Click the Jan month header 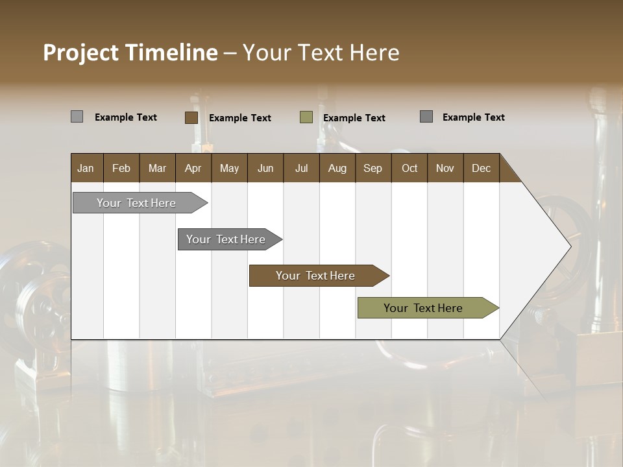(x=86, y=168)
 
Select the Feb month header (x=121, y=168)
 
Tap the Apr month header (x=193, y=168)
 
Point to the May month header (x=229, y=168)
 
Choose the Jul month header (x=301, y=168)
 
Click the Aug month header (x=337, y=168)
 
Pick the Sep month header (x=373, y=168)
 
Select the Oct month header (x=409, y=168)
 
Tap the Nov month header (x=445, y=168)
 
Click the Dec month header (x=481, y=168)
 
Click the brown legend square (x=191, y=117)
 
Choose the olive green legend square (x=306, y=117)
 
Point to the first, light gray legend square (x=77, y=117)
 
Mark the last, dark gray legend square (x=426, y=117)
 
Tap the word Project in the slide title (x=81, y=53)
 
